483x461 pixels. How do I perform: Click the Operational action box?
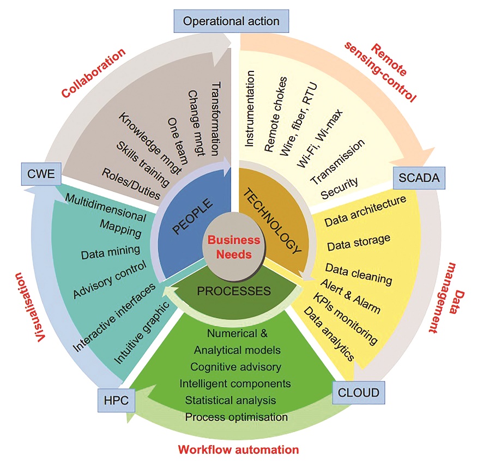pyautogui.click(x=231, y=21)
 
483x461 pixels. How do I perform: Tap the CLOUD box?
pyautogui.click(x=359, y=391)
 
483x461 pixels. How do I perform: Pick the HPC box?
pyautogui.click(x=116, y=400)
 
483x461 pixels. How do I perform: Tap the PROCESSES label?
pyautogui.click(x=233, y=291)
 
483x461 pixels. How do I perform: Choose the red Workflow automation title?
pyautogui.click(x=238, y=450)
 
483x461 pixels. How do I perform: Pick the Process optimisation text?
pyautogui.click(x=236, y=417)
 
